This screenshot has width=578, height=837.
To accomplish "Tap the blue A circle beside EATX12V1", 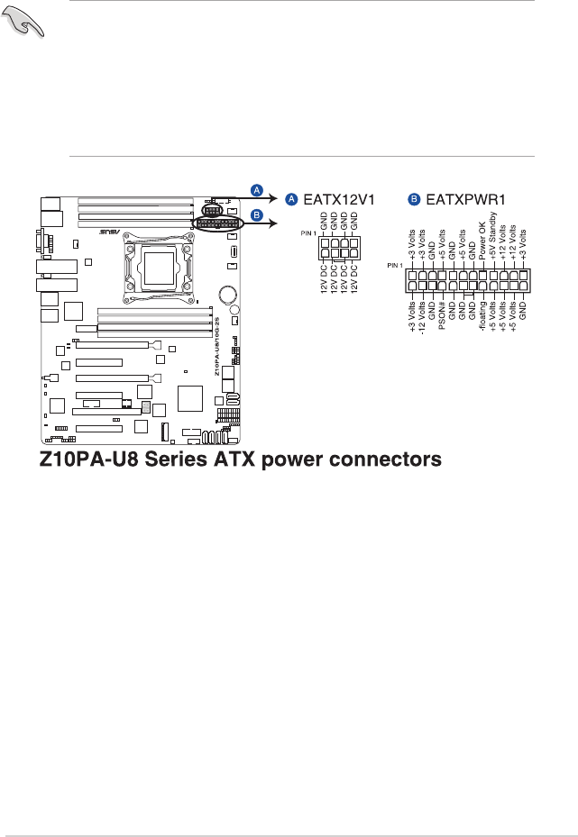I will point(290,196).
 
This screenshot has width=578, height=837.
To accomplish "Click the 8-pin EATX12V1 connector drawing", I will point(340,249).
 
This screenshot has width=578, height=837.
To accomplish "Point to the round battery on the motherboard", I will point(227,294).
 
